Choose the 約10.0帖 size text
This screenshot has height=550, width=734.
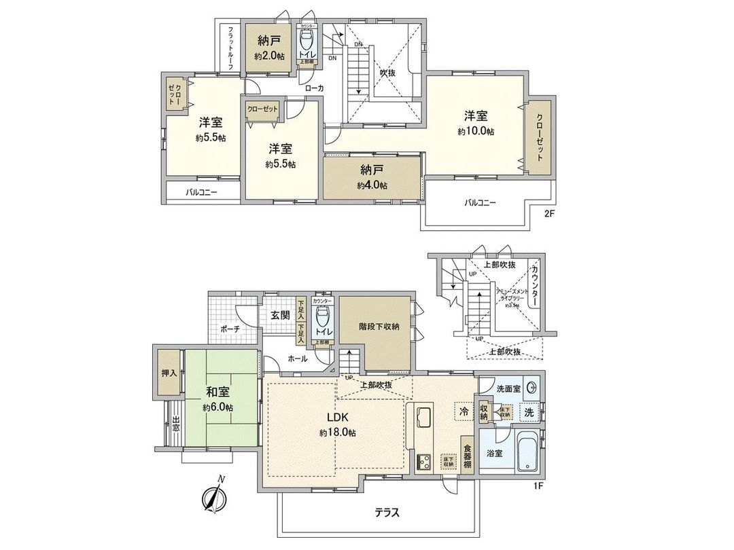(x=475, y=131)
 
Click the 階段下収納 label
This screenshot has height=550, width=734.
(x=379, y=327)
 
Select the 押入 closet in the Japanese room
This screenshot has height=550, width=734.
(x=169, y=373)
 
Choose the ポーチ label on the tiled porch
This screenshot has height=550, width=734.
(x=228, y=329)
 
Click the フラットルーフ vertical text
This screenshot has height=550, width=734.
(x=231, y=45)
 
